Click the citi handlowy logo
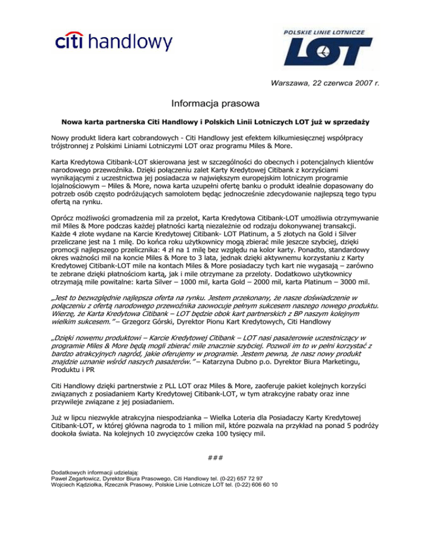point(113,41)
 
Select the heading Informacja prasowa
point(215,103)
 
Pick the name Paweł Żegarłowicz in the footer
point(72,478)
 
